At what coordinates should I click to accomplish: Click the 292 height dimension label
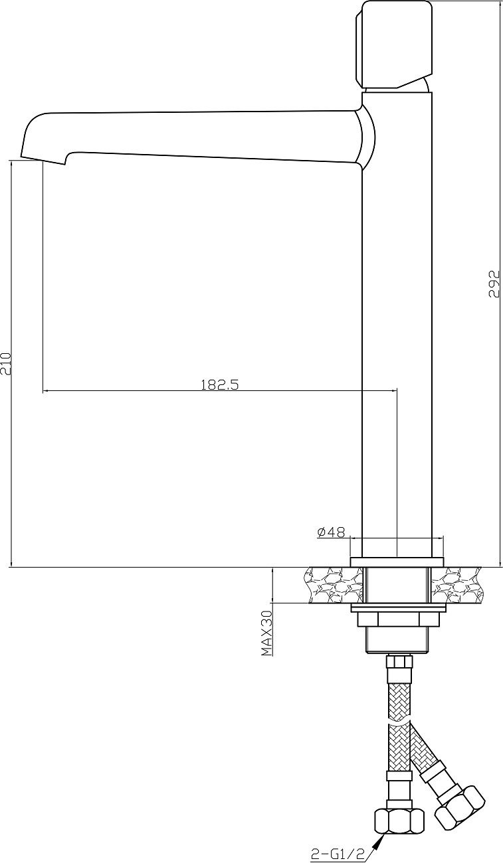(x=494, y=284)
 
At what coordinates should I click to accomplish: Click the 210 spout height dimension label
(x=7, y=363)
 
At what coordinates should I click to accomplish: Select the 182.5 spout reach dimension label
(x=220, y=384)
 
